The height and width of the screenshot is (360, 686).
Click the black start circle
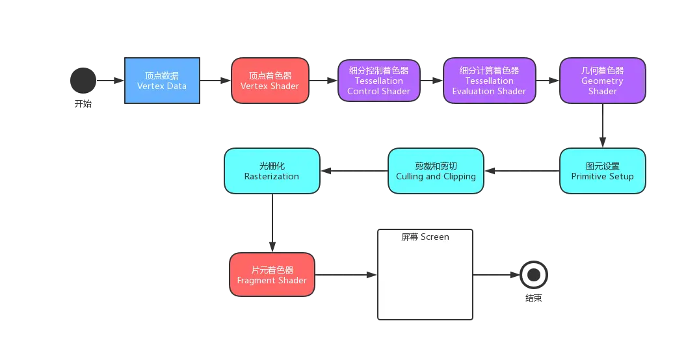83,81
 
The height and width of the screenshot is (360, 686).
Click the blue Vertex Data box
163,81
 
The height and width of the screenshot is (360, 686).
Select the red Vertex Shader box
270,81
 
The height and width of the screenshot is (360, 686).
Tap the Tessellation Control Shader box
379,81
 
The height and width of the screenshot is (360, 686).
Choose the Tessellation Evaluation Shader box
490,81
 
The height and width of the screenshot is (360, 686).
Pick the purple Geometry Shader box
602,81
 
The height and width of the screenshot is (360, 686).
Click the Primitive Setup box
602,171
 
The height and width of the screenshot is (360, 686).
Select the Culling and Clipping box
436,171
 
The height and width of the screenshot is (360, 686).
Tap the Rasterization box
272,171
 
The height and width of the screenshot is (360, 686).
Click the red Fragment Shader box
272,275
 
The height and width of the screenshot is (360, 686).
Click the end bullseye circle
534,275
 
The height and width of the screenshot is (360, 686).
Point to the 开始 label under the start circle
83,104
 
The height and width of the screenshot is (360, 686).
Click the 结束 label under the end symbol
534,298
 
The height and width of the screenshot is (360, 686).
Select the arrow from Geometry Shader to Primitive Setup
602,125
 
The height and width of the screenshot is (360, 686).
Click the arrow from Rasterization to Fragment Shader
272,223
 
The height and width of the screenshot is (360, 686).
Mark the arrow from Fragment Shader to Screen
346,275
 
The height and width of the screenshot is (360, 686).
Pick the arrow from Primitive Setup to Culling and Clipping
522,171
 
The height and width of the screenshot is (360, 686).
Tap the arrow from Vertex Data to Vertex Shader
216,81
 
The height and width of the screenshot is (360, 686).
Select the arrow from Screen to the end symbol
497,275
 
